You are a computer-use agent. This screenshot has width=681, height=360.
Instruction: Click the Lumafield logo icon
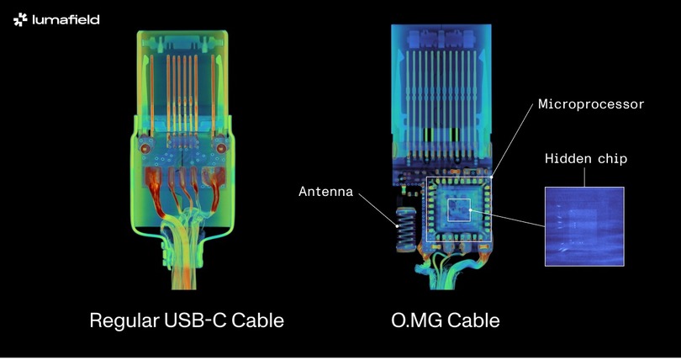pyautogui.click(x=20, y=19)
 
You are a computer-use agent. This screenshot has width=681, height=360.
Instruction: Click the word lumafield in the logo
pyautogui.click(x=66, y=19)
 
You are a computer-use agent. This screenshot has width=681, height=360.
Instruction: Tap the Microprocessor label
pyautogui.click(x=591, y=104)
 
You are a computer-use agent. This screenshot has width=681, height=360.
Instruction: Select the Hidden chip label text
pyautogui.click(x=586, y=159)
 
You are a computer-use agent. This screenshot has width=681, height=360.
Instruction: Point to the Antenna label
pyautogui.click(x=325, y=192)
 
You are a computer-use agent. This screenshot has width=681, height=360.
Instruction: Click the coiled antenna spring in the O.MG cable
pyautogui.click(x=405, y=229)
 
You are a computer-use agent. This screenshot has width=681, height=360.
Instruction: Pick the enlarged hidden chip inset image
pyautogui.click(x=584, y=226)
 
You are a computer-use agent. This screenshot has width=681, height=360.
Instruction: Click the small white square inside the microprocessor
pyautogui.click(x=459, y=209)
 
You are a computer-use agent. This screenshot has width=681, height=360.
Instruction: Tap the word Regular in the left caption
pyautogui.click(x=124, y=321)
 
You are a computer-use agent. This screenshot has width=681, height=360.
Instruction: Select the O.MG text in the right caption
pyautogui.click(x=416, y=320)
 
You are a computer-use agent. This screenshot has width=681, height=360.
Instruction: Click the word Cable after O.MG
pyautogui.click(x=473, y=320)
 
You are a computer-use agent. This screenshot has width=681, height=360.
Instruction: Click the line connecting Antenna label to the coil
pyautogui.click(x=377, y=210)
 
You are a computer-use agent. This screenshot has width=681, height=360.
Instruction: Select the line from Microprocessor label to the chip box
pyautogui.click(x=512, y=140)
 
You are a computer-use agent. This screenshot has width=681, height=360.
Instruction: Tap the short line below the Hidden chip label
pyautogui.click(x=584, y=177)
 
